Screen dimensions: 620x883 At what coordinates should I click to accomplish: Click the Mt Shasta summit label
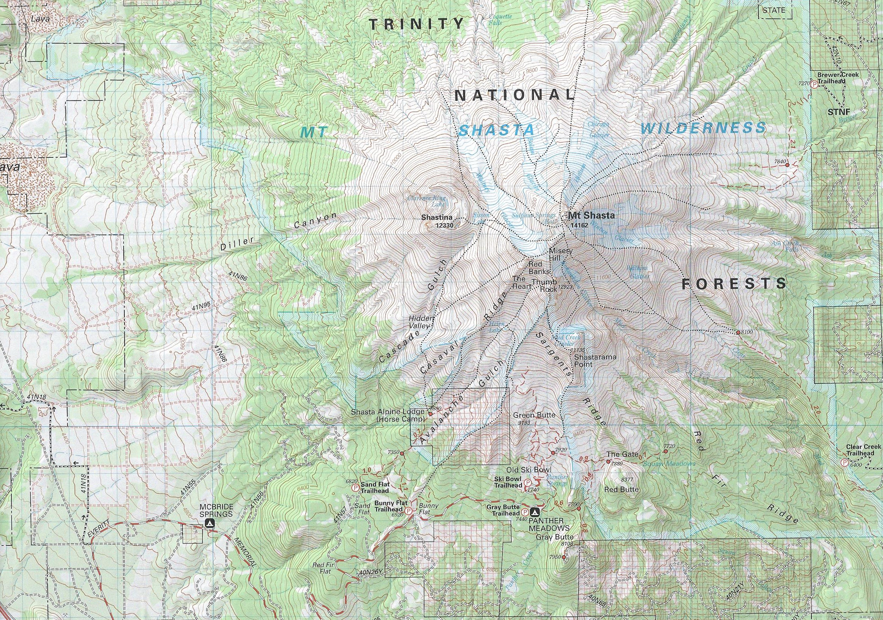pyautogui.click(x=591, y=215)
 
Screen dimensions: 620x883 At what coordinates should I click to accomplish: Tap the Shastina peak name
pyautogui.click(x=438, y=218)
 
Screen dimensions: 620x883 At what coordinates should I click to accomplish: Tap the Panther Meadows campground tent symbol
pyautogui.click(x=536, y=512)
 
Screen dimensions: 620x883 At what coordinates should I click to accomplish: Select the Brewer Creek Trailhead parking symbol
pyautogui.click(x=814, y=84)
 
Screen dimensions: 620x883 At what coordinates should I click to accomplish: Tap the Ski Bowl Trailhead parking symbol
pyautogui.click(x=528, y=483)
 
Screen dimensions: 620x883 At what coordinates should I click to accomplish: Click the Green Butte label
pyautogui.click(x=534, y=415)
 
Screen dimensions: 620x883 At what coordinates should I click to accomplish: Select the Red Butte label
pyautogui.click(x=621, y=490)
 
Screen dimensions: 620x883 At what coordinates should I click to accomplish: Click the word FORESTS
pyautogui.click(x=734, y=284)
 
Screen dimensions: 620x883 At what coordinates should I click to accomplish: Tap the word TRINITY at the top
pyautogui.click(x=416, y=24)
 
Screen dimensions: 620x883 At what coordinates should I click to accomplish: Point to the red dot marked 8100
pyautogui.click(x=738, y=332)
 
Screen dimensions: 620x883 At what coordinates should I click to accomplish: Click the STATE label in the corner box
pyautogui.click(x=774, y=10)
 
